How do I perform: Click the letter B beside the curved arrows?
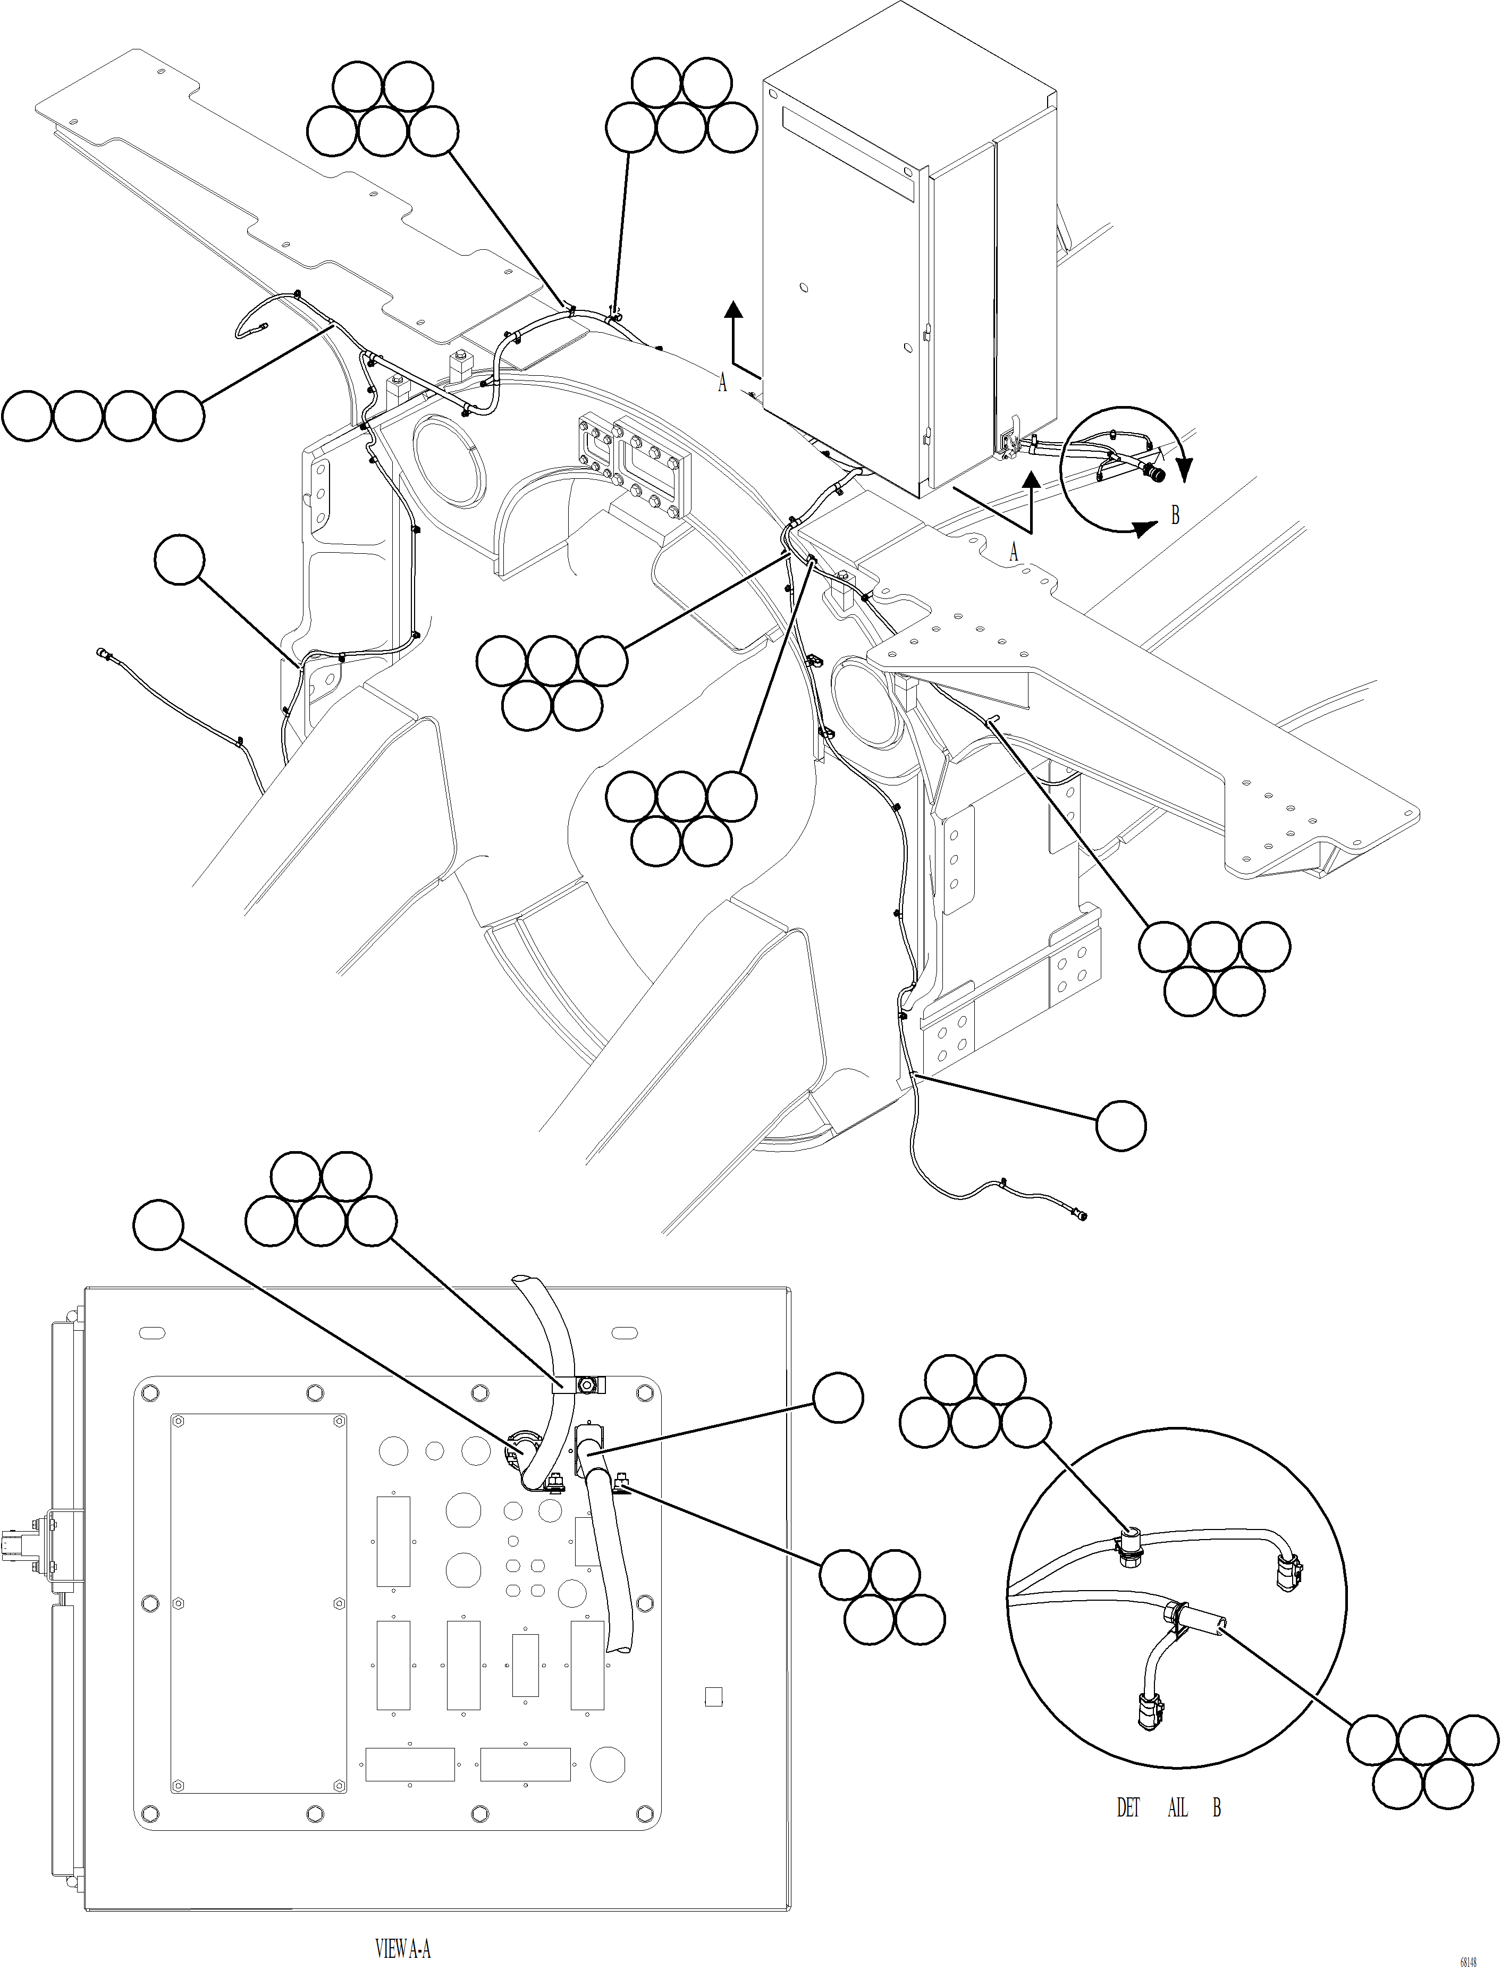(1175, 516)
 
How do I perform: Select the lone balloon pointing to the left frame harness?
(180, 560)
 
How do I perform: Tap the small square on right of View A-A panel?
(713, 1696)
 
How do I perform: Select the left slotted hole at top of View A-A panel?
(153, 1334)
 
